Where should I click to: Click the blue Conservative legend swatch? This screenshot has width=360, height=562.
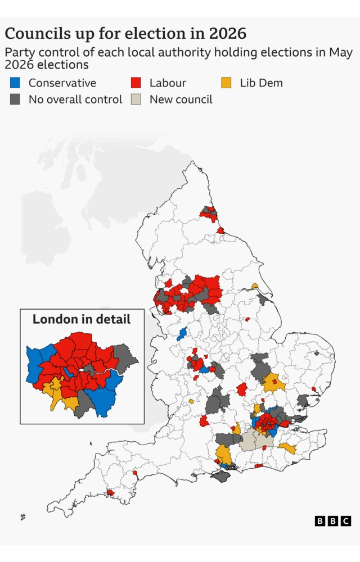click(x=15, y=83)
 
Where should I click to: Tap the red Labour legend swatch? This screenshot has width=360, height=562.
click(x=136, y=83)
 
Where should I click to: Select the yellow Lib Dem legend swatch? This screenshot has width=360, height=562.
click(x=226, y=83)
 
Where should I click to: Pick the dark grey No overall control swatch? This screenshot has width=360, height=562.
click(x=15, y=99)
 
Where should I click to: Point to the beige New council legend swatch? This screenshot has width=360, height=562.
click(x=136, y=99)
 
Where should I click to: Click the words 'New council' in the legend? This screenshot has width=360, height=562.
click(x=181, y=99)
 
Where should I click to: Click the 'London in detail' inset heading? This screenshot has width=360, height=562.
click(x=82, y=319)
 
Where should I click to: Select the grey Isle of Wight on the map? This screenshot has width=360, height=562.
click(x=220, y=476)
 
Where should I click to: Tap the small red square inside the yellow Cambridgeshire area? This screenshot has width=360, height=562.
click(x=274, y=382)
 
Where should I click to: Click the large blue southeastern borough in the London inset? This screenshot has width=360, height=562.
click(x=105, y=396)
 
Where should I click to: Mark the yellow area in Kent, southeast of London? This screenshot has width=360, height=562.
click(x=287, y=448)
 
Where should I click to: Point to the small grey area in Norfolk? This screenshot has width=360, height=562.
click(x=317, y=354)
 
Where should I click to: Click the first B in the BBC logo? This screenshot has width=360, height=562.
click(x=320, y=521)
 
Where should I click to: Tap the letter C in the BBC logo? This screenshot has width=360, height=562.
click(x=345, y=521)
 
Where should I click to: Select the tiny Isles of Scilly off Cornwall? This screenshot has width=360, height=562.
click(x=22, y=516)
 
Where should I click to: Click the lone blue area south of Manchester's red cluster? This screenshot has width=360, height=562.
click(x=182, y=334)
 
